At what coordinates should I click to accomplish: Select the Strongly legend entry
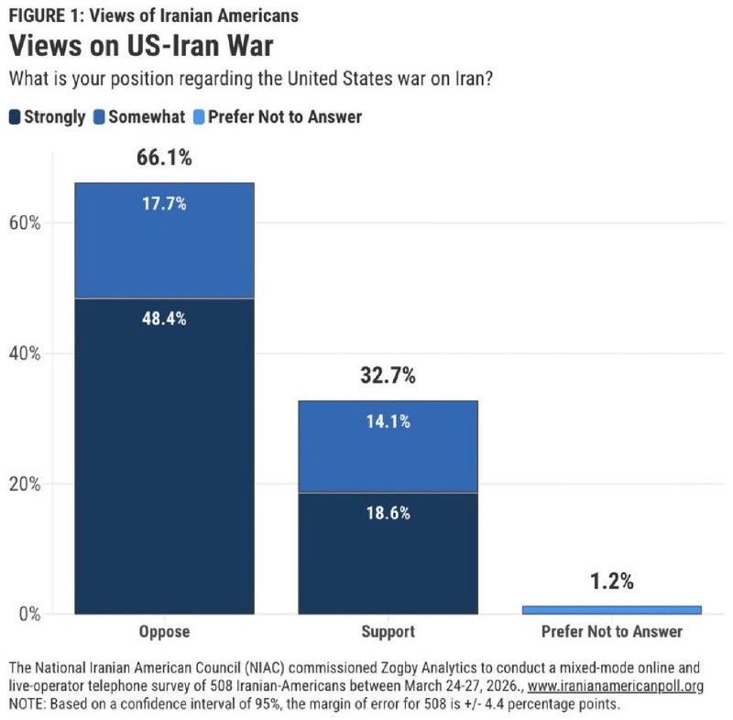point(47,116)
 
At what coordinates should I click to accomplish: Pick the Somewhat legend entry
point(140,116)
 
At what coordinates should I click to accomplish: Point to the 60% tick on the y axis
point(26,223)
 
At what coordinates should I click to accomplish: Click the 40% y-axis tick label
point(26,354)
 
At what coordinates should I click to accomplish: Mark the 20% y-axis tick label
point(26,484)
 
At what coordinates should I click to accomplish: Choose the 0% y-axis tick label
point(30,614)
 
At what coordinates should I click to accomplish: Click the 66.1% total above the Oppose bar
point(164,158)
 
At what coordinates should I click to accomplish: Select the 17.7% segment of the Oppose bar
point(164,240)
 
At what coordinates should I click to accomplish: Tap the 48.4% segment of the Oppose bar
point(164,456)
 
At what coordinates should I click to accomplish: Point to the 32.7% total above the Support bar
point(388,375)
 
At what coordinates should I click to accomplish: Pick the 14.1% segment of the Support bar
point(388,447)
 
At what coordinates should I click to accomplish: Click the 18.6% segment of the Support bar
point(388,553)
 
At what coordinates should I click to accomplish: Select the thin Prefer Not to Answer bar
point(612,609)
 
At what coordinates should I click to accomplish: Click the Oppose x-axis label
point(164,632)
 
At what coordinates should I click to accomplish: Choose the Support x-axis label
point(388,632)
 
